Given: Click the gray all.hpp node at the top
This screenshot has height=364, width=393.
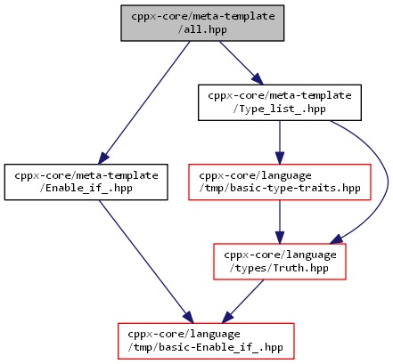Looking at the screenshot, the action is pyautogui.click(x=202, y=23).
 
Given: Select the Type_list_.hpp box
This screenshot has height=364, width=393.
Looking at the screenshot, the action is pyautogui.click(x=280, y=102).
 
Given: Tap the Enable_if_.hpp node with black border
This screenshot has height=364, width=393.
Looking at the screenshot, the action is pyautogui.click(x=86, y=182).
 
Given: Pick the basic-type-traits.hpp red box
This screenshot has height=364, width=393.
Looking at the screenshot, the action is pyautogui.click(x=280, y=182).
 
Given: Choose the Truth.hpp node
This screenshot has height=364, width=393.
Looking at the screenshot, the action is pyautogui.click(x=280, y=262).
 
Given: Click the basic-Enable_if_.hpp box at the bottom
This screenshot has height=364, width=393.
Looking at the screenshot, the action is pyautogui.click(x=206, y=341).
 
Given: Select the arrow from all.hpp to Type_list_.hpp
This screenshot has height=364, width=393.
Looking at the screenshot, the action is pyautogui.click(x=242, y=63).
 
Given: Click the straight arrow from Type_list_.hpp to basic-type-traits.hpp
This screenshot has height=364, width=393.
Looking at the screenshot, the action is pyautogui.click(x=280, y=142).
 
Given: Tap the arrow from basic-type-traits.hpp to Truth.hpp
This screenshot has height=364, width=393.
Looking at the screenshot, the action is pyautogui.click(x=280, y=222).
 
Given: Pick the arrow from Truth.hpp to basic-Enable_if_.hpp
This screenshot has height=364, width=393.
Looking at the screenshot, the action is pyautogui.click(x=242, y=301).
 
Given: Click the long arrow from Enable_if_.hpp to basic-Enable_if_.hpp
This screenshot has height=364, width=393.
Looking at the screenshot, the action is pyautogui.click(x=146, y=262).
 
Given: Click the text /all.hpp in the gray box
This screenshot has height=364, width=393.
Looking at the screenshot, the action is pyautogui.click(x=202, y=29).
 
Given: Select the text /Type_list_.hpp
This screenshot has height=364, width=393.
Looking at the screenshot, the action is pyautogui.click(x=280, y=109).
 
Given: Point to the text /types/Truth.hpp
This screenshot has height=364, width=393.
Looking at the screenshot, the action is pyautogui.click(x=279, y=268).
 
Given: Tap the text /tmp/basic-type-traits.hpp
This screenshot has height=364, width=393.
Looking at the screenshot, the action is pyautogui.click(x=280, y=189).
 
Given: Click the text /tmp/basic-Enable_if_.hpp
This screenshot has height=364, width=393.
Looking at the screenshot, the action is pyautogui.click(x=206, y=347).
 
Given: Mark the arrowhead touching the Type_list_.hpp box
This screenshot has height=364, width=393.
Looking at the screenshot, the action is pyautogui.click(x=258, y=79).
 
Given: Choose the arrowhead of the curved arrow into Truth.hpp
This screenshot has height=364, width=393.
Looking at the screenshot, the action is pyautogui.click(x=337, y=239).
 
